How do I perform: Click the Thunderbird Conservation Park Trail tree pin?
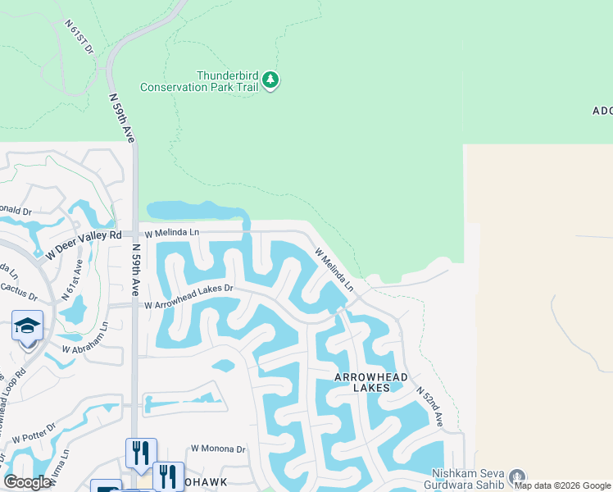pyautogui.click(x=271, y=80)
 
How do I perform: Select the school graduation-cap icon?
pyautogui.click(x=27, y=326)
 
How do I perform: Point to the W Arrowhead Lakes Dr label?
pyautogui.click(x=189, y=304)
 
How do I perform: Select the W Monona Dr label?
pyautogui.click(x=218, y=449)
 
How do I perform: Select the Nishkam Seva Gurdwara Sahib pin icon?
pyautogui.click(x=516, y=476)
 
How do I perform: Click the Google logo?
pyautogui.click(x=27, y=482)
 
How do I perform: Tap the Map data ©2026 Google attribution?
pyautogui.click(x=562, y=485)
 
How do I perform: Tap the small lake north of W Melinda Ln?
pyautogui.click(x=195, y=212)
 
